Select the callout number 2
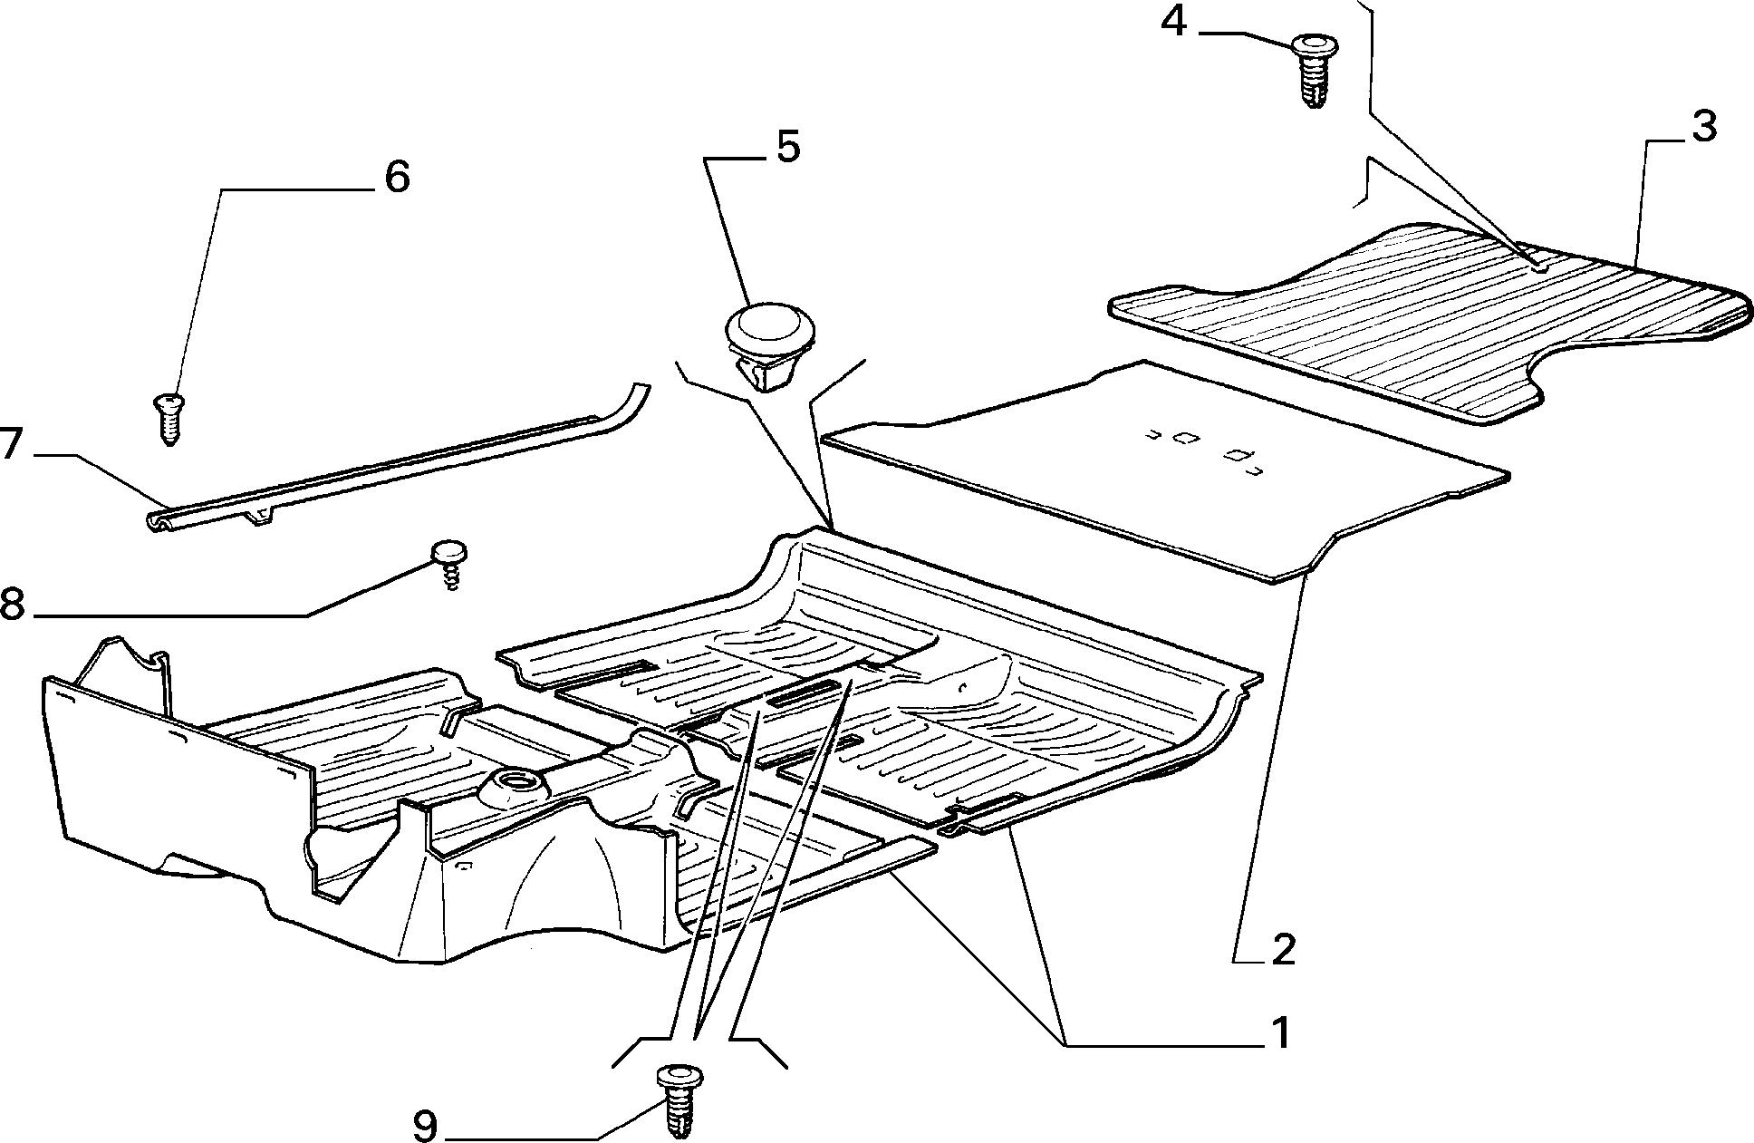1282,949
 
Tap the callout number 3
1703,128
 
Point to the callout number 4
1173,22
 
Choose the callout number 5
787,147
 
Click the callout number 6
397,177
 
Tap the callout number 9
424,1126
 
